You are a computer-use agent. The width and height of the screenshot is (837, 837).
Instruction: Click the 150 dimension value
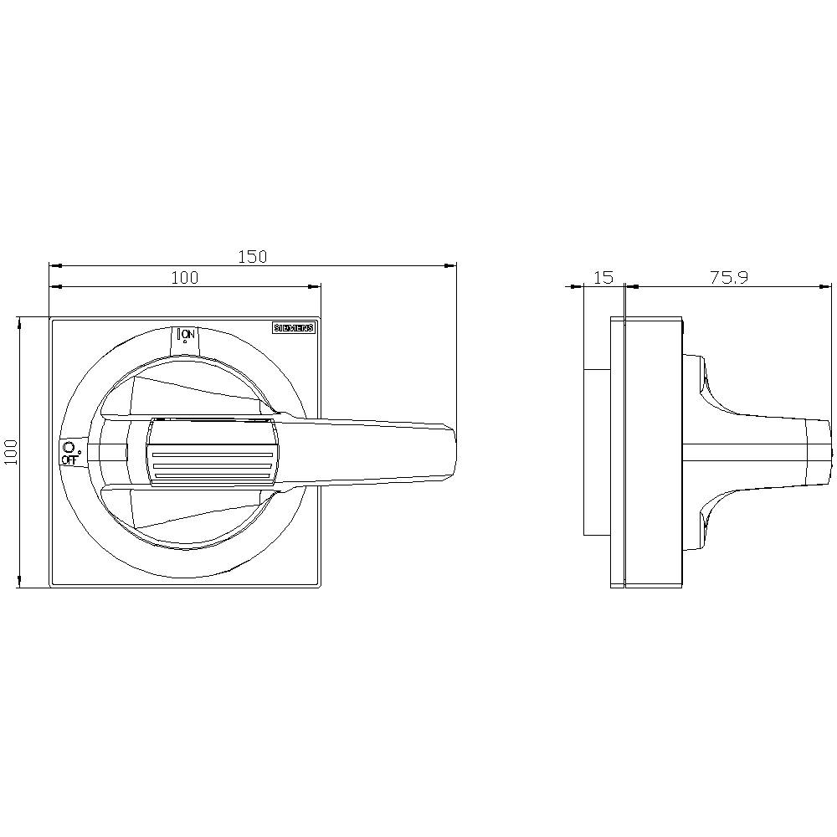[252, 257]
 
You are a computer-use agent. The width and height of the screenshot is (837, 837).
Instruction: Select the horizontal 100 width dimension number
[185, 278]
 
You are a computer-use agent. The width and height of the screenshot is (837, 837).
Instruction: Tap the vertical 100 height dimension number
[10, 452]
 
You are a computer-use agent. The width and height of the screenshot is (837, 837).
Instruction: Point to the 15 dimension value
[603, 277]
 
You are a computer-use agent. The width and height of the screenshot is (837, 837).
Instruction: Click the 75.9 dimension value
[729, 277]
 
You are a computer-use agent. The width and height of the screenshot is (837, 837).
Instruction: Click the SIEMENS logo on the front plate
[294, 328]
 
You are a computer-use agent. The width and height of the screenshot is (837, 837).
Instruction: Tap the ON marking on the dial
[188, 334]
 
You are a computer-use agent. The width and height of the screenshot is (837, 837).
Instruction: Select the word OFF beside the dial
[69, 460]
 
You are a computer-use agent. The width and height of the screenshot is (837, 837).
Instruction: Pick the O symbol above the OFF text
[69, 448]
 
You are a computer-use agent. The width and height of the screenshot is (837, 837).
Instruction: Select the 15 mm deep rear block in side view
[596, 452]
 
